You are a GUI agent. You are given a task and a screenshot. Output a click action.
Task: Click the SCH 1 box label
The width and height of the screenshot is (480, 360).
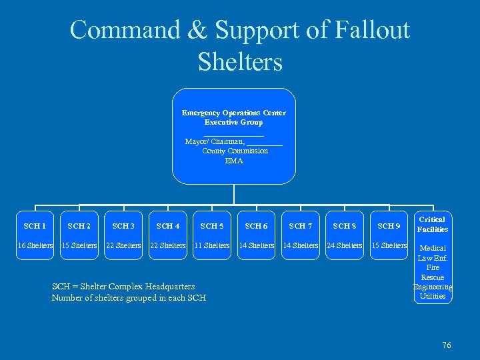tap(35, 226)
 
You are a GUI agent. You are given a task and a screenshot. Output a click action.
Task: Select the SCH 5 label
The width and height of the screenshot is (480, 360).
tap(212, 226)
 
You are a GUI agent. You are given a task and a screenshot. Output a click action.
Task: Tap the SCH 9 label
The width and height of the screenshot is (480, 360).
tap(389, 226)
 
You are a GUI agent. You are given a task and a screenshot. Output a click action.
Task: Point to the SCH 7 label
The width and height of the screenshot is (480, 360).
tap(301, 226)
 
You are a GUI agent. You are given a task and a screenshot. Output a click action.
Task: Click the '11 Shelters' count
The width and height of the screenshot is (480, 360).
tap(212, 245)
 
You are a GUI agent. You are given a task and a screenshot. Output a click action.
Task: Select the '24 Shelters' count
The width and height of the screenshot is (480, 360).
tap(345, 245)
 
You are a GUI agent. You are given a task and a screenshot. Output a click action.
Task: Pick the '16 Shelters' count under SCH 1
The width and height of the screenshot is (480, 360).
tap(35, 245)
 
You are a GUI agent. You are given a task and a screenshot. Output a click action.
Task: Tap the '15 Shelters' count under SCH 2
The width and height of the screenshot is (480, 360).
tap(79, 245)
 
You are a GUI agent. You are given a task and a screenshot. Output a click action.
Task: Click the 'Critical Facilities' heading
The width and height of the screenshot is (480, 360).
tap(433, 224)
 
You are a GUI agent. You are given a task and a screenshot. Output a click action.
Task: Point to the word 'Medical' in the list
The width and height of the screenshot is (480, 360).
tap(433, 248)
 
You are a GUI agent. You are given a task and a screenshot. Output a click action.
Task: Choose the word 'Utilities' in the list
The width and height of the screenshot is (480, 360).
tap(433, 296)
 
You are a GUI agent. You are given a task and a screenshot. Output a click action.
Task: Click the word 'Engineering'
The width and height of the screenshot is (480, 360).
tap(433, 287)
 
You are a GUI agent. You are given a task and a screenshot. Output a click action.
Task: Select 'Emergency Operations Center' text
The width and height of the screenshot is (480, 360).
tap(234, 113)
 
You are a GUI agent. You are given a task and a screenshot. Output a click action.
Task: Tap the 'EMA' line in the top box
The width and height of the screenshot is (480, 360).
tap(234, 161)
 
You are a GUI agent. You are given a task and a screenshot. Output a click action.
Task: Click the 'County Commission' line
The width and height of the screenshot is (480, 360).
tap(235, 151)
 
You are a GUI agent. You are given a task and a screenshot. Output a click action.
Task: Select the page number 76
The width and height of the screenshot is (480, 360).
tap(447, 345)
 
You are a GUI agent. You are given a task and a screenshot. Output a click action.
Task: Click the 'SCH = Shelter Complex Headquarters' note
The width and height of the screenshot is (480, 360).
tap(123, 286)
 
